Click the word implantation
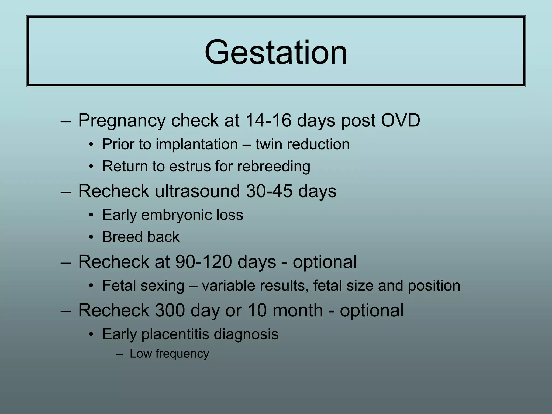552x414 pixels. (197, 144)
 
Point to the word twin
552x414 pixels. (269, 144)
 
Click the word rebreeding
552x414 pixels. (274, 166)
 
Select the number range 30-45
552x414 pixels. (269, 191)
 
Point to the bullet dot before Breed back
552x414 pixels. (91, 237)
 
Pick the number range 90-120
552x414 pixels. (203, 262)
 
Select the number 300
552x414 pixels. (170, 310)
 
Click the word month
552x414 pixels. (298, 310)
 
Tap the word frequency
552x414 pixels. (182, 354)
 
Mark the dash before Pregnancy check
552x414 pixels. (66, 121)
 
